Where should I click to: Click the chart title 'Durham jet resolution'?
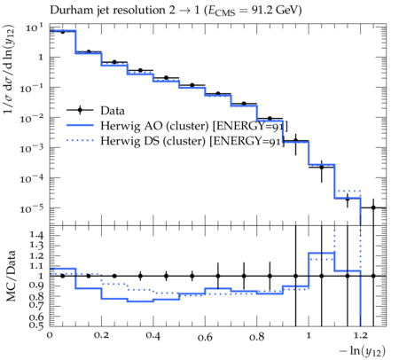pos(107,10)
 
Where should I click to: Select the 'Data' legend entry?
pos(96,111)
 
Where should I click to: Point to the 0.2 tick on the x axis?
pos(101,335)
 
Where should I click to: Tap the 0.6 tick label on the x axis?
pos(205,337)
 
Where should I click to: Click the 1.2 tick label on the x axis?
pos(360,335)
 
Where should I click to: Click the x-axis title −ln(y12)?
pos(363,351)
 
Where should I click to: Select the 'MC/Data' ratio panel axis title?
pos(11,276)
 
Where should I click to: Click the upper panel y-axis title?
pos(9,70)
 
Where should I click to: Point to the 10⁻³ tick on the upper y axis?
pos(31,148)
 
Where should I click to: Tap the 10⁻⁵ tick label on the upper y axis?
pos(31,208)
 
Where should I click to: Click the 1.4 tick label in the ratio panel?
pos(36,235)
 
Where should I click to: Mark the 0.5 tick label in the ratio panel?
pos(36,325)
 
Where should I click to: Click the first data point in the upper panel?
pos(62,32)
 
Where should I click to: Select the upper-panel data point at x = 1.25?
pos(373,207)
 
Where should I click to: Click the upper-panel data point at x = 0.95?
pos(295,141)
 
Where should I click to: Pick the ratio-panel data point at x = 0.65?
pos(218,276)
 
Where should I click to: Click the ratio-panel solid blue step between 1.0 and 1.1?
pos(321,253)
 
